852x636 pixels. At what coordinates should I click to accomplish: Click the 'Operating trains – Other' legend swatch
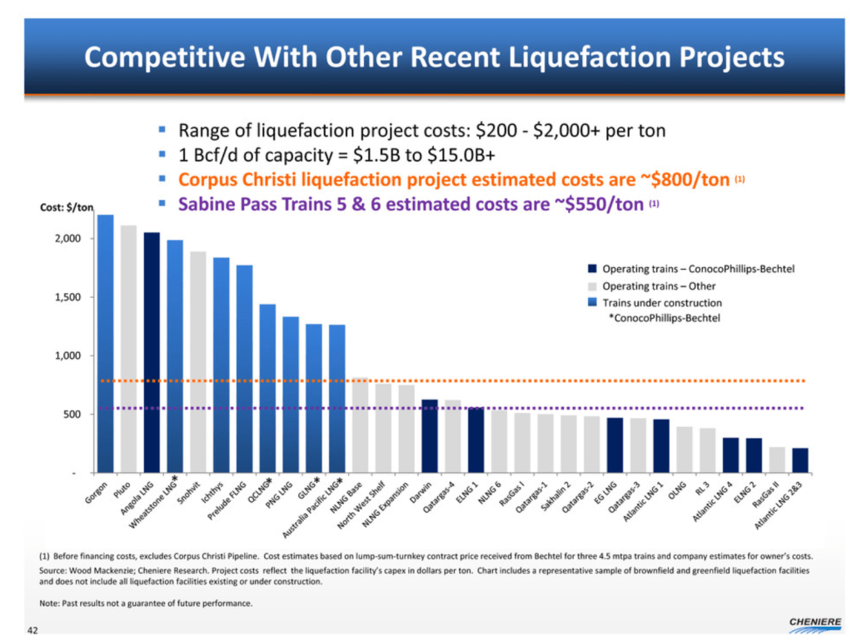(x=592, y=286)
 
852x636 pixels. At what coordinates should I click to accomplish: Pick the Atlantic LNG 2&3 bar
(x=800, y=460)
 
